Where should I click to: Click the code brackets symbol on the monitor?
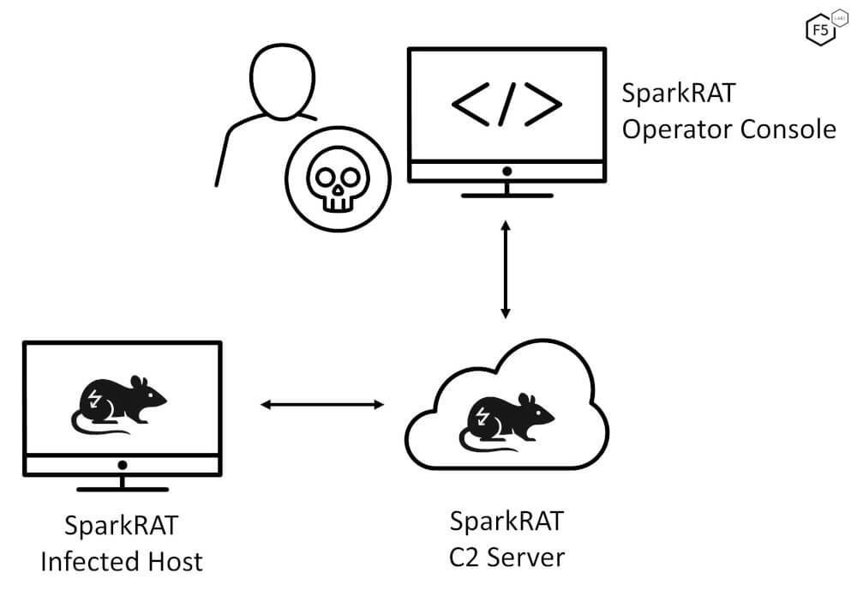(506, 103)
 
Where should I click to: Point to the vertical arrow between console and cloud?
(506, 268)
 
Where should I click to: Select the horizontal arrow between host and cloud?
(322, 404)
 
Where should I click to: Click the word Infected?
(87, 562)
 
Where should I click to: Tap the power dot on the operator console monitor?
(506, 171)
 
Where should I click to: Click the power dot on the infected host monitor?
(123, 464)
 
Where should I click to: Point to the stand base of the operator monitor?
(506, 195)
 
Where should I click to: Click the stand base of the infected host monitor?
(123, 489)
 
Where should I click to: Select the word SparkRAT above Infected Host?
(123, 525)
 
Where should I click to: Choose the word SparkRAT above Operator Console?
(679, 93)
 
